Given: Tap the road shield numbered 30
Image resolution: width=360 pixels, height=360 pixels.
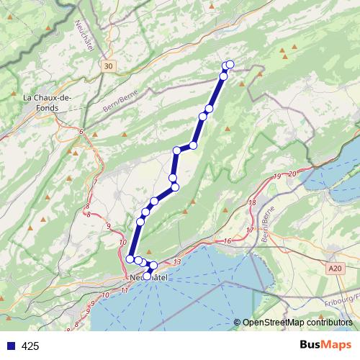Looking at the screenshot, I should [x=108, y=66].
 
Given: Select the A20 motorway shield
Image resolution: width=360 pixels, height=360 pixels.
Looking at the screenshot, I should [x=333, y=268].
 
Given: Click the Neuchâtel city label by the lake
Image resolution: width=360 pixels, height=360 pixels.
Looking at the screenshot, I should [x=148, y=277].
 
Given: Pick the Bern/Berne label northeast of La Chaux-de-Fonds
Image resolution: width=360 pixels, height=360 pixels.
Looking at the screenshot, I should [x=118, y=102].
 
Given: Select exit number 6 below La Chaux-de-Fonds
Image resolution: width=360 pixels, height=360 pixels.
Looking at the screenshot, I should [x=82, y=132].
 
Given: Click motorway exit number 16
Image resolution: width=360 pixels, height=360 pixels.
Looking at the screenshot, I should [x=227, y=241].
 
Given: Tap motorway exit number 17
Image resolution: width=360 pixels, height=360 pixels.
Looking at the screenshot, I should [x=250, y=230].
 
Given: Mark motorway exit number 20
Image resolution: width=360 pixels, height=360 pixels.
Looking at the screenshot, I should [x=292, y=173].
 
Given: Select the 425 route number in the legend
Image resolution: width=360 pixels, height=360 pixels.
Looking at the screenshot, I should [x=30, y=346].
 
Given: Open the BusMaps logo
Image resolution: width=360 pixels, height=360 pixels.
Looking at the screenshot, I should [x=326, y=346].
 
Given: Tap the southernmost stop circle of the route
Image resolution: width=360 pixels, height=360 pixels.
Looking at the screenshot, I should [x=148, y=275].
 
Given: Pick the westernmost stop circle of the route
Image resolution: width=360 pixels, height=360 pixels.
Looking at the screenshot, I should [x=130, y=258].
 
